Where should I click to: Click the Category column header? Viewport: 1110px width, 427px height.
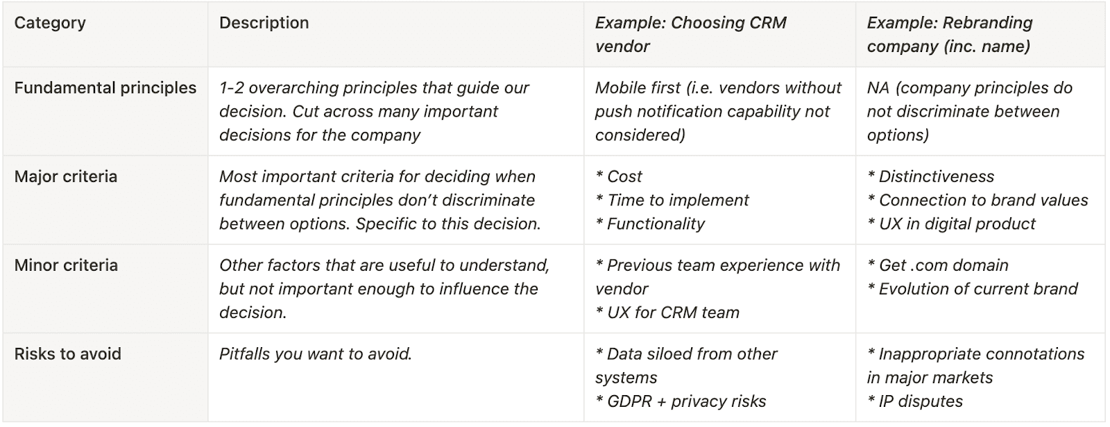(49, 23)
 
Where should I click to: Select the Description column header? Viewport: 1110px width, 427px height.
(264, 23)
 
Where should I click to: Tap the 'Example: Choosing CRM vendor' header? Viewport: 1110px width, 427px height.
(691, 35)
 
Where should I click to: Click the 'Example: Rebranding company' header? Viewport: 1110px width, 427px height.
(950, 35)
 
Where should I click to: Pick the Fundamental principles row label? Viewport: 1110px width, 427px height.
(105, 87)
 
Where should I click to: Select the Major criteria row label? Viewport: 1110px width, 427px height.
(65, 176)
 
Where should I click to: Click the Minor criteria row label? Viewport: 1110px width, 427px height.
(66, 265)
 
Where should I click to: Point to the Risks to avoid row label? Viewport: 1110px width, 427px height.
(67, 354)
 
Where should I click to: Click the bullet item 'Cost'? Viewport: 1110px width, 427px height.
(618, 176)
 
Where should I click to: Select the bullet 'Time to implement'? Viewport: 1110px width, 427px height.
(672, 201)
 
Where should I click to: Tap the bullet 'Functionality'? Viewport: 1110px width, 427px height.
(649, 224)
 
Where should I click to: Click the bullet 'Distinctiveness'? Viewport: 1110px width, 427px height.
(930, 176)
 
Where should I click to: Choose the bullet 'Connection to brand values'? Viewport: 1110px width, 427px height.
(977, 201)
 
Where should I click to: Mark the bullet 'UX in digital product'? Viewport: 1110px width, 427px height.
(951, 224)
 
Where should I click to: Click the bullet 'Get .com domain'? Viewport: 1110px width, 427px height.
(937, 265)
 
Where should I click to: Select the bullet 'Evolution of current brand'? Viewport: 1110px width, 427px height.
(972, 289)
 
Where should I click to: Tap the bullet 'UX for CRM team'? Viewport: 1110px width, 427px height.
(667, 313)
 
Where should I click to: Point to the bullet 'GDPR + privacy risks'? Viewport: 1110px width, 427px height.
(681, 402)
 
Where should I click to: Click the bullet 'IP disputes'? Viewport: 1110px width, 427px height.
(915, 402)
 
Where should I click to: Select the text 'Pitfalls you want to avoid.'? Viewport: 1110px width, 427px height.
(316, 354)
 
